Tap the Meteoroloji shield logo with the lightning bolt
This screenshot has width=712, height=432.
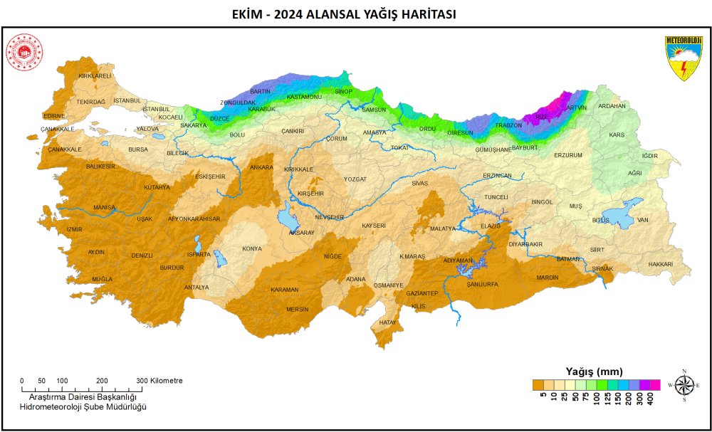[x=683, y=57]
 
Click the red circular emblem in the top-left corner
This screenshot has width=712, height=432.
[x=25, y=54]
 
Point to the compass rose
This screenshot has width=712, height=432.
[x=684, y=385]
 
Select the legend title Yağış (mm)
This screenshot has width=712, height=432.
[x=594, y=372]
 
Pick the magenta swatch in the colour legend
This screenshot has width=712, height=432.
[x=655, y=385]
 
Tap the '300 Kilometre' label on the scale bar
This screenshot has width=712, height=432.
[x=159, y=381]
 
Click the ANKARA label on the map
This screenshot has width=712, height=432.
[x=261, y=167]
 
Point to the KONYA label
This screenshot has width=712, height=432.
[x=252, y=249]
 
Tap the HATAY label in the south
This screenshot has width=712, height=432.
[x=387, y=322]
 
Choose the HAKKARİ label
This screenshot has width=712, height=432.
[x=660, y=264]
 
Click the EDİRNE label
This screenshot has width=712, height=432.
[x=54, y=115]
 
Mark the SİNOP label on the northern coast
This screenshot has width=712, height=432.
[x=343, y=92]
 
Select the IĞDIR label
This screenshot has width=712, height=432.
[x=650, y=155]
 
